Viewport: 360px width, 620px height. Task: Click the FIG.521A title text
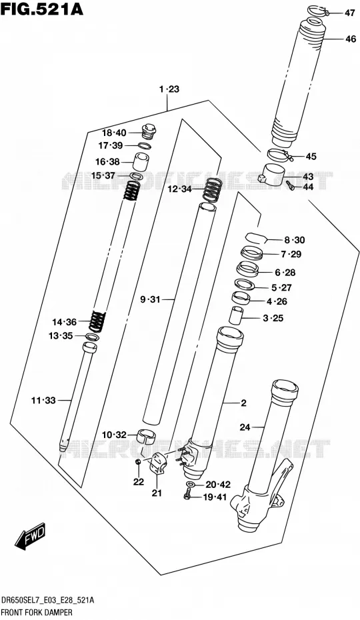click(42, 9)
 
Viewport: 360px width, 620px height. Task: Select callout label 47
click(349, 13)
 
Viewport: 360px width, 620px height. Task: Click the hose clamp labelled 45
click(280, 154)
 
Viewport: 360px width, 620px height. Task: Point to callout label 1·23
click(169, 89)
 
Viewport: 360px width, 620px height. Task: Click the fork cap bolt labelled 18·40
click(149, 131)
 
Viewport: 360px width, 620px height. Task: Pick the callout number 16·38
click(108, 161)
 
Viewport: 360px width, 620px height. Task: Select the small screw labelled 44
click(290, 185)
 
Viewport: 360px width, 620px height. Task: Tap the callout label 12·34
click(179, 189)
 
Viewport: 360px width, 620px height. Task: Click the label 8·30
click(294, 240)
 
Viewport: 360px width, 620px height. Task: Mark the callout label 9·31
click(149, 300)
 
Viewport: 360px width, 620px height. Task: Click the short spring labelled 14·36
click(98, 321)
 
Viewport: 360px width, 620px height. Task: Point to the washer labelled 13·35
click(92, 337)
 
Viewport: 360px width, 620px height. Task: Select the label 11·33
click(43, 401)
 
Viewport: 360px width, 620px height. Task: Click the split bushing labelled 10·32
click(145, 435)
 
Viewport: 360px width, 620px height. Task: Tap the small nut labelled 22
click(138, 463)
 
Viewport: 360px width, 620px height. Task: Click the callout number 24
click(245, 427)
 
